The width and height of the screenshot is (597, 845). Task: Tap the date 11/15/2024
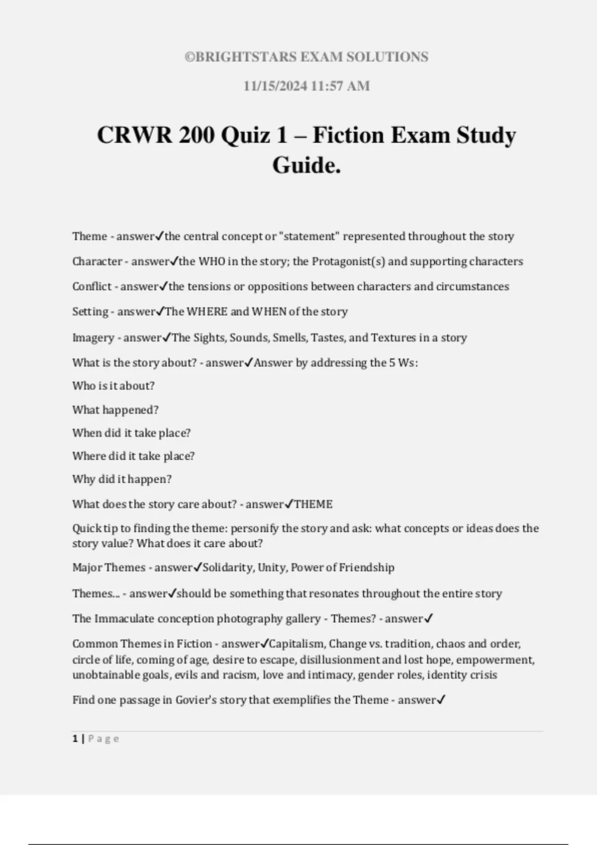point(275,86)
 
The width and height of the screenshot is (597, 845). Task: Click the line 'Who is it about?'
point(113,386)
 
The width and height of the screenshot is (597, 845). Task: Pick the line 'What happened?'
point(115,410)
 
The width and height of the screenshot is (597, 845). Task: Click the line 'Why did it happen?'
point(122,479)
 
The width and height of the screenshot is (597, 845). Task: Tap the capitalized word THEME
point(313,504)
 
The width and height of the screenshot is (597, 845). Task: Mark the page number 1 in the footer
point(75,739)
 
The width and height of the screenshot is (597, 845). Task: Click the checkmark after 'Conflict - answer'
point(164,286)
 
